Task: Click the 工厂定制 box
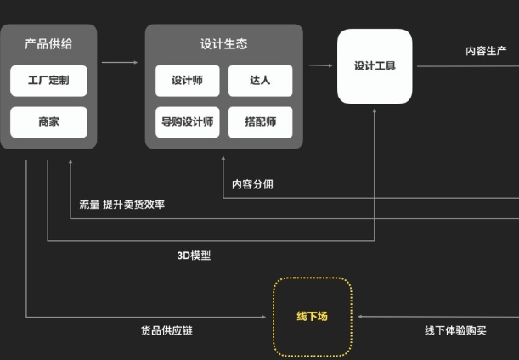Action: coord(48,82)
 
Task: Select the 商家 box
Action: coord(48,122)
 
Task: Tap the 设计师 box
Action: coord(187,82)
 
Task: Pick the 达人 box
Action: coord(260,82)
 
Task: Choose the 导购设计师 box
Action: coord(187,122)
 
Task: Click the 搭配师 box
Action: coord(260,122)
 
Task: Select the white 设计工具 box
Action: coord(375,66)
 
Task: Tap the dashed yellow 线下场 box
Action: coord(312,317)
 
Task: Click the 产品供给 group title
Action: coord(48,43)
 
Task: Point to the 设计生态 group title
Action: coord(223,43)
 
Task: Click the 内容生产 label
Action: coord(486,51)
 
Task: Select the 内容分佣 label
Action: coord(252,184)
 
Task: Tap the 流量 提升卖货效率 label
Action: coord(122,205)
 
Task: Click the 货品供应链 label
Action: coord(166,330)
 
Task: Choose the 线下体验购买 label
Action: coord(455,330)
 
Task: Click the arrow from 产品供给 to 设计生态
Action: coord(120,62)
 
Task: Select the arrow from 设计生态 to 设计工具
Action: coord(320,65)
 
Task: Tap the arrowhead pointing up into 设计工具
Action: coord(375,110)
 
